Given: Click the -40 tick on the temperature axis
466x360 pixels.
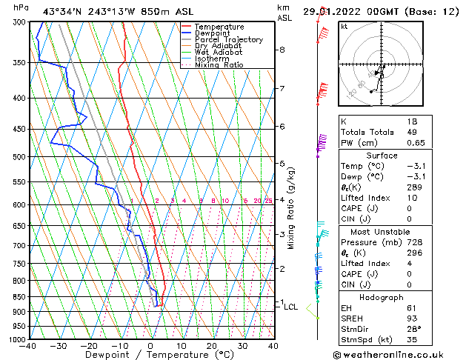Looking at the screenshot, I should pyautogui.click(x=29, y=346).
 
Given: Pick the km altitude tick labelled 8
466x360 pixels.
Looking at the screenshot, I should pyautogui.click(x=282, y=50).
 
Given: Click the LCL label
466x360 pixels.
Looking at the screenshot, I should pyautogui.click(x=291, y=307).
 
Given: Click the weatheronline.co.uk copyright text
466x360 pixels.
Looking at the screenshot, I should pyautogui.click(x=399, y=355).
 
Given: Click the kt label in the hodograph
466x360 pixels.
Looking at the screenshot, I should pyautogui.click(x=344, y=27).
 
